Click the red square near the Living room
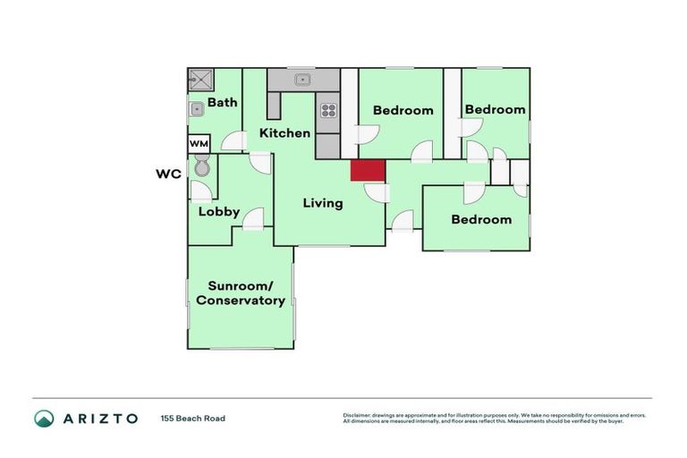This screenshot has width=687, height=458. tap(367, 171)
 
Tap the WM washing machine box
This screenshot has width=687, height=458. tap(199, 143)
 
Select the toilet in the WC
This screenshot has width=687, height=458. tap(202, 166)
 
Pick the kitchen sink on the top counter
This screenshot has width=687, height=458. tap(303, 80)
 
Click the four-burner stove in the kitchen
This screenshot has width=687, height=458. tap(328, 111)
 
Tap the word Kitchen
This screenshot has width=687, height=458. tap(284, 133)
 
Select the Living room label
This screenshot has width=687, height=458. tap(322, 203)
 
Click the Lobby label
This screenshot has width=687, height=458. tap(218, 212)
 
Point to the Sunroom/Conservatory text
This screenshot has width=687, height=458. tap(241, 293)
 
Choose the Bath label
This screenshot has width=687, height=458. tap(222, 102)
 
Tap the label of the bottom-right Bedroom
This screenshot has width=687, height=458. tap(481, 219)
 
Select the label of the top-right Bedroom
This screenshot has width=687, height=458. tap(495, 109)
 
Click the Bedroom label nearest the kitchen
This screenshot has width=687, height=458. tap(403, 111)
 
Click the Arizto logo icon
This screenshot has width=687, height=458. tap(44, 418)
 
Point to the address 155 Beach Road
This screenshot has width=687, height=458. tap(193, 418)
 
